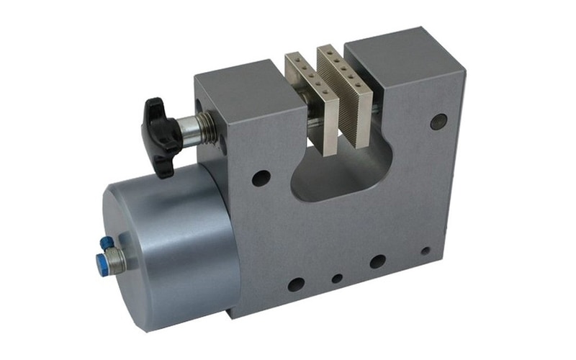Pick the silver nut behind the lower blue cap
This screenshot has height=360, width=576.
click(116, 259)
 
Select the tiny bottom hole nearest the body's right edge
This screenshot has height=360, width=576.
click(426, 251)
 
